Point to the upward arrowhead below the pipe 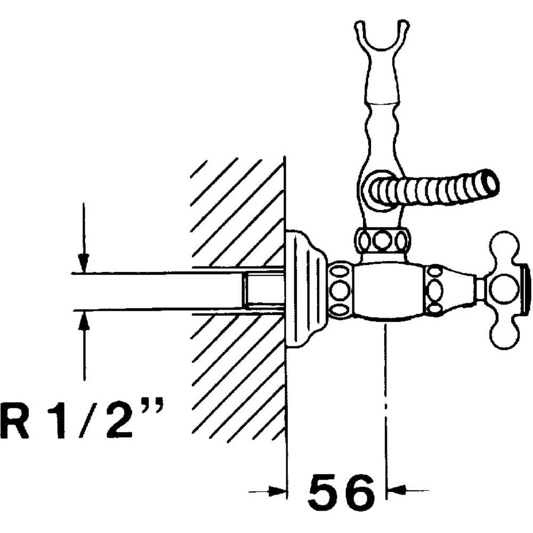[84, 320]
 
